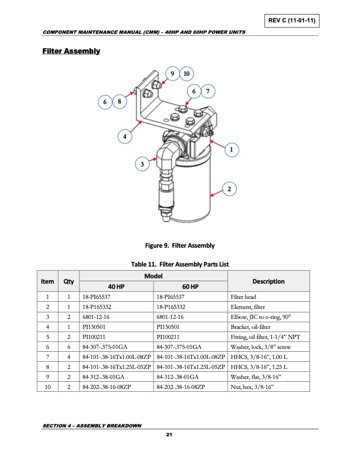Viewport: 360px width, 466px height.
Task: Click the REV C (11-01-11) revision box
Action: point(292,21)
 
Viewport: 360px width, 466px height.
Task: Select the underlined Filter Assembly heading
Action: point(71,52)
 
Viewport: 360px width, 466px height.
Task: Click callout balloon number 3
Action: point(141,163)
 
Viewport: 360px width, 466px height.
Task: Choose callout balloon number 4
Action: point(124,137)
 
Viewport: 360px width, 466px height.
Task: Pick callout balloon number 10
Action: point(186,74)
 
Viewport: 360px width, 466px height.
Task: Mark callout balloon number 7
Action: point(206,91)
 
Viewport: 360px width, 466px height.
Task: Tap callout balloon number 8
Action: point(119,102)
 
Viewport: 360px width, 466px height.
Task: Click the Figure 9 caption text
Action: point(179,245)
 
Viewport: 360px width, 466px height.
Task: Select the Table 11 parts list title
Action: point(179,264)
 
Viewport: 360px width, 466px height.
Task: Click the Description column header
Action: point(268,281)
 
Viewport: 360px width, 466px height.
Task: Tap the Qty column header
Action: point(69,281)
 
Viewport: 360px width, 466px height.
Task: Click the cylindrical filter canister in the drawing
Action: point(189,191)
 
